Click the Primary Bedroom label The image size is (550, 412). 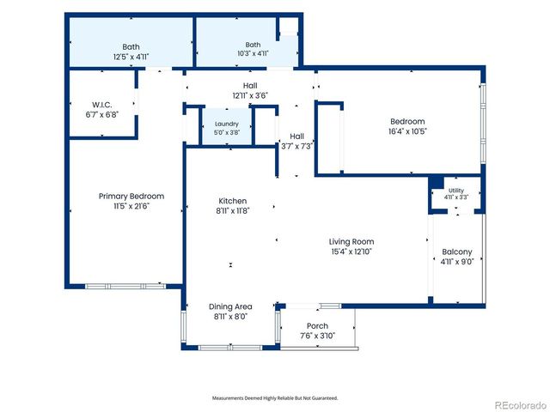pyautogui.click(x=131, y=197)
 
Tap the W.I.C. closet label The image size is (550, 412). pyautogui.click(x=102, y=105)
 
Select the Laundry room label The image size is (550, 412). pyautogui.click(x=227, y=124)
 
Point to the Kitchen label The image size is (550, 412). pyautogui.click(x=233, y=201)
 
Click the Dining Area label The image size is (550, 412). pyautogui.click(x=230, y=306)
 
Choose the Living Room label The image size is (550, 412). pyautogui.click(x=351, y=242)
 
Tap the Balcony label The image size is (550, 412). pyautogui.click(x=457, y=251)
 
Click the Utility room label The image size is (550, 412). pyautogui.click(x=456, y=191)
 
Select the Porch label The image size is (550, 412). pyautogui.click(x=317, y=326)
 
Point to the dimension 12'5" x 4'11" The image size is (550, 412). pyautogui.click(x=131, y=57)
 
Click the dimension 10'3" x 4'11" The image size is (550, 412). pyautogui.click(x=253, y=53)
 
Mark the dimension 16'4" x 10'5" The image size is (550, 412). pyautogui.click(x=407, y=131)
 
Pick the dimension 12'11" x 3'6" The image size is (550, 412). pyautogui.click(x=250, y=95)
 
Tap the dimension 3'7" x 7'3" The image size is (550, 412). pyautogui.click(x=296, y=147)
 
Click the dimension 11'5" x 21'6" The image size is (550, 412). pyautogui.click(x=131, y=206)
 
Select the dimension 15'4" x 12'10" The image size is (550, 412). pyautogui.click(x=351, y=251)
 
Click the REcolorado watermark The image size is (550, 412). pyautogui.click(x=522, y=405)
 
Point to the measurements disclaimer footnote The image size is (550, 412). pyautogui.click(x=275, y=398)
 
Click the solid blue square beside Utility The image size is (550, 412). pyautogui.click(x=437, y=183)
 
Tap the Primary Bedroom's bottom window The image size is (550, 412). pyautogui.click(x=125, y=286)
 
